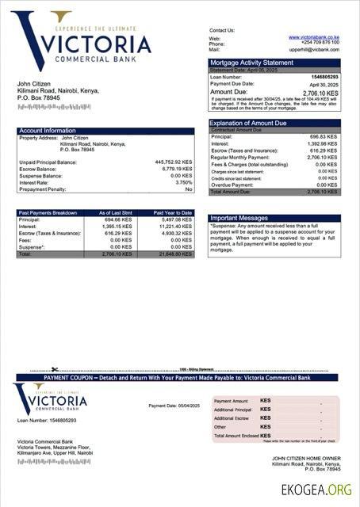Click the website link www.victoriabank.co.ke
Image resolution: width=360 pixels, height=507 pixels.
click(x=314, y=37)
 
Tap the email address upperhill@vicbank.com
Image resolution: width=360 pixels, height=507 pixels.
click(x=315, y=49)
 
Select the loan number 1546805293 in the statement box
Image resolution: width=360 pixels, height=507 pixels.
click(x=323, y=76)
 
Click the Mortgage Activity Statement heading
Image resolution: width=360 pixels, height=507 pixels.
click(x=251, y=63)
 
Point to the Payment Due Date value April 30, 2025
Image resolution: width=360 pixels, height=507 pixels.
click(x=324, y=84)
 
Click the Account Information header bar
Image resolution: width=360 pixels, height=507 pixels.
click(x=48, y=131)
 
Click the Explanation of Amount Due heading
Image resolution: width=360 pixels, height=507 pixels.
click(x=248, y=124)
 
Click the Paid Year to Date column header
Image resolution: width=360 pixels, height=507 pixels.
click(x=173, y=212)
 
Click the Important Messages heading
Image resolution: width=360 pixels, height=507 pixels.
click(x=239, y=218)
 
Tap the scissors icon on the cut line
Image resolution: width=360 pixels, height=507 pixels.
click(x=55, y=369)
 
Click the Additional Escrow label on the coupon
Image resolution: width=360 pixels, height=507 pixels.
click(x=232, y=417)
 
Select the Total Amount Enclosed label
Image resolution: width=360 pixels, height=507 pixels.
click(x=237, y=436)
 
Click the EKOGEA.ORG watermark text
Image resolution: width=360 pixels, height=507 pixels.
click(x=316, y=489)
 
